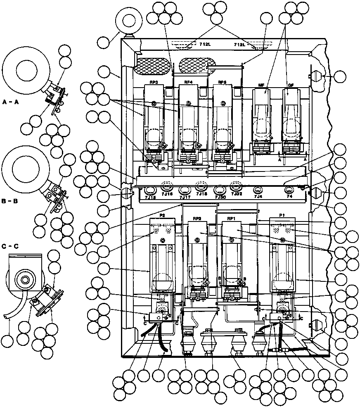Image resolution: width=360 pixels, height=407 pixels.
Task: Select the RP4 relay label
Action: [x=188, y=83]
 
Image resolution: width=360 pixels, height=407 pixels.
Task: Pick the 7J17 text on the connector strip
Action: [x=184, y=198]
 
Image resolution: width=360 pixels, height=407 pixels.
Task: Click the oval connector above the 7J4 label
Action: [x=258, y=190]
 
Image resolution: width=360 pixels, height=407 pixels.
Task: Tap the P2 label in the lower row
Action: [x=162, y=215]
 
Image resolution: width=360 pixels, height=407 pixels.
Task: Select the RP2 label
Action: [x=196, y=218]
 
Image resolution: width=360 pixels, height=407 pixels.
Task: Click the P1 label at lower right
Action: [x=282, y=215]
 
